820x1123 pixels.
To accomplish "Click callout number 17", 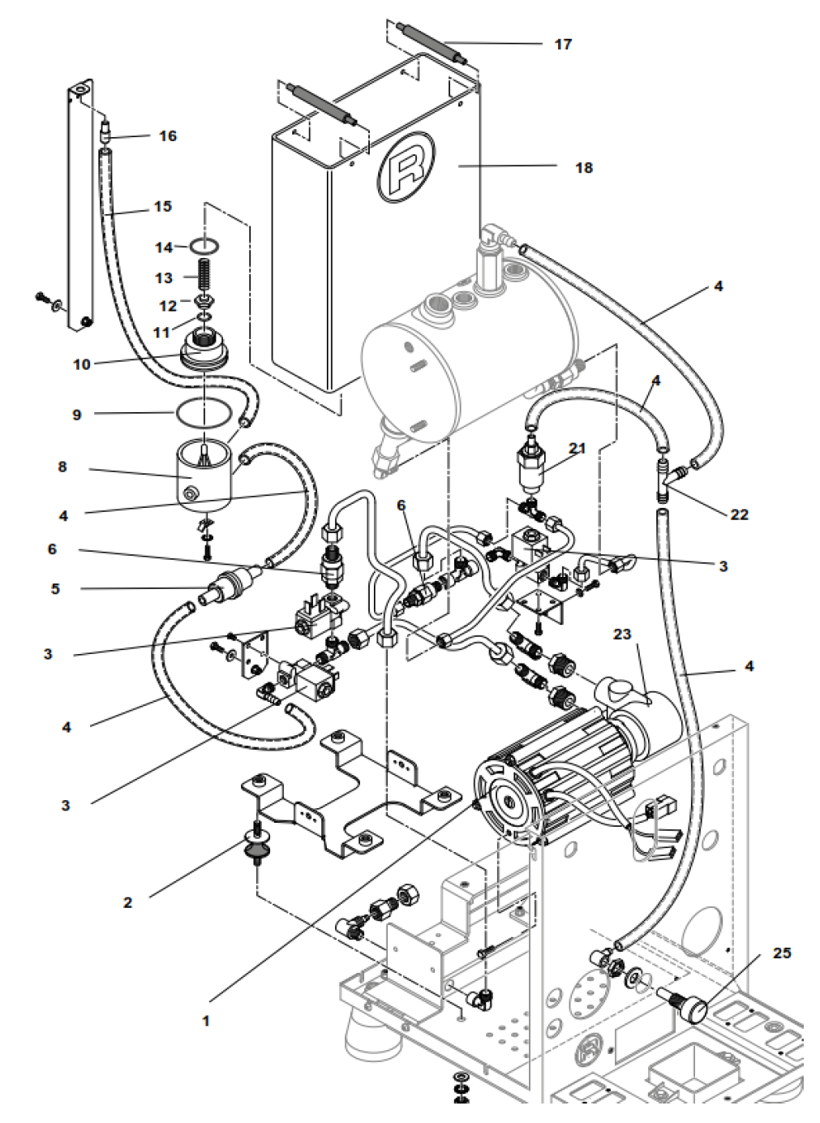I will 563,44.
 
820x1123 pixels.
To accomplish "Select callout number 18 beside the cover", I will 584,168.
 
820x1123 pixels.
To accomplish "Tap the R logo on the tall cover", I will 405,167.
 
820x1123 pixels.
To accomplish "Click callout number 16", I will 167,136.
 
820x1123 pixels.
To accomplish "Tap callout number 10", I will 82,364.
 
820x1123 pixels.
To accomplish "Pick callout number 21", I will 577,448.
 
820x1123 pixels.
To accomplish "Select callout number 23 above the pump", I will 621,634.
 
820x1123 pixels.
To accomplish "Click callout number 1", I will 206,1020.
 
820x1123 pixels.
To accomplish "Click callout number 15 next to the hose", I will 162,206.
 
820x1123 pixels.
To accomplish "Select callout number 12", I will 168,306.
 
